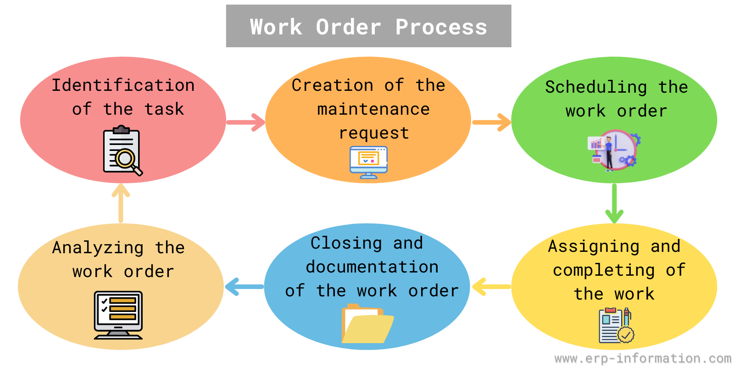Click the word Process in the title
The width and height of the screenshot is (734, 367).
pos(441,27)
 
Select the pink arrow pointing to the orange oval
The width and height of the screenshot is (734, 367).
pos(246,122)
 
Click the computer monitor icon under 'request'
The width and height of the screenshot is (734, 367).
pos(369,162)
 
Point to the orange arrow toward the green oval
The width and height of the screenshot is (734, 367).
pos(491,122)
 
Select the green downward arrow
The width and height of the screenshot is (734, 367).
pos(614,204)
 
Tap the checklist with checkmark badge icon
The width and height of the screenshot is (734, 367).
pos(616,325)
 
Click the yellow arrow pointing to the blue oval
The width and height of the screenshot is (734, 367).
pos(491,287)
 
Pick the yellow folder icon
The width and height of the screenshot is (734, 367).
pos(367,323)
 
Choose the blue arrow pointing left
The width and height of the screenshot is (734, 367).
pos(245,287)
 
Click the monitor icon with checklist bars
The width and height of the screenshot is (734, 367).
pos(118,315)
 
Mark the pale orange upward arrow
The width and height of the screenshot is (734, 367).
pos(121,203)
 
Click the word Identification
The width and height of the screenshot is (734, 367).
pos(123,85)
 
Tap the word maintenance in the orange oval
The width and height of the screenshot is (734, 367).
pos(373,109)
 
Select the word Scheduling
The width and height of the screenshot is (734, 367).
pos(596,88)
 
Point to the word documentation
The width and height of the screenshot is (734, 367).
pos(372,267)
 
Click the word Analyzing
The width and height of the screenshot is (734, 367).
pos(98,248)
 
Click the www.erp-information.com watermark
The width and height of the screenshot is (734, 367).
pos(643,358)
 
